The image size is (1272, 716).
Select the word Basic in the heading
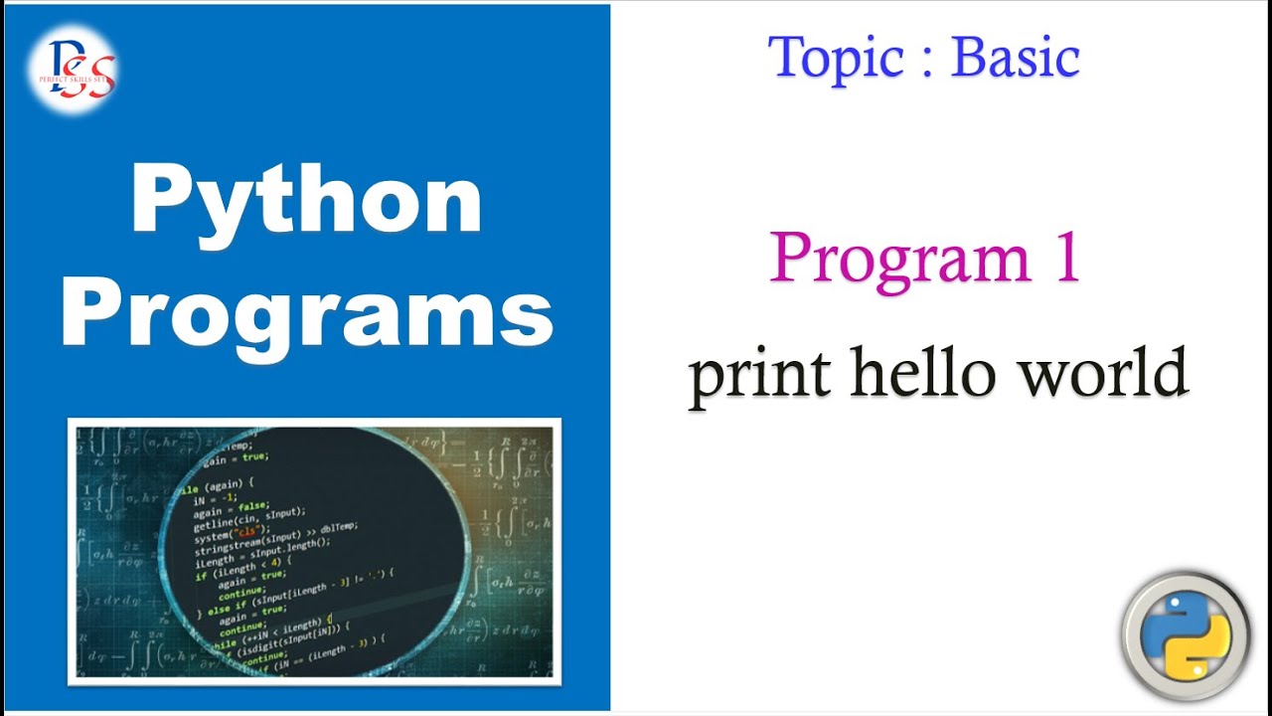[1016, 57]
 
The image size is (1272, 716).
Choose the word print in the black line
[760, 376]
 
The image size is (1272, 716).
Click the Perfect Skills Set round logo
[73, 70]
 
